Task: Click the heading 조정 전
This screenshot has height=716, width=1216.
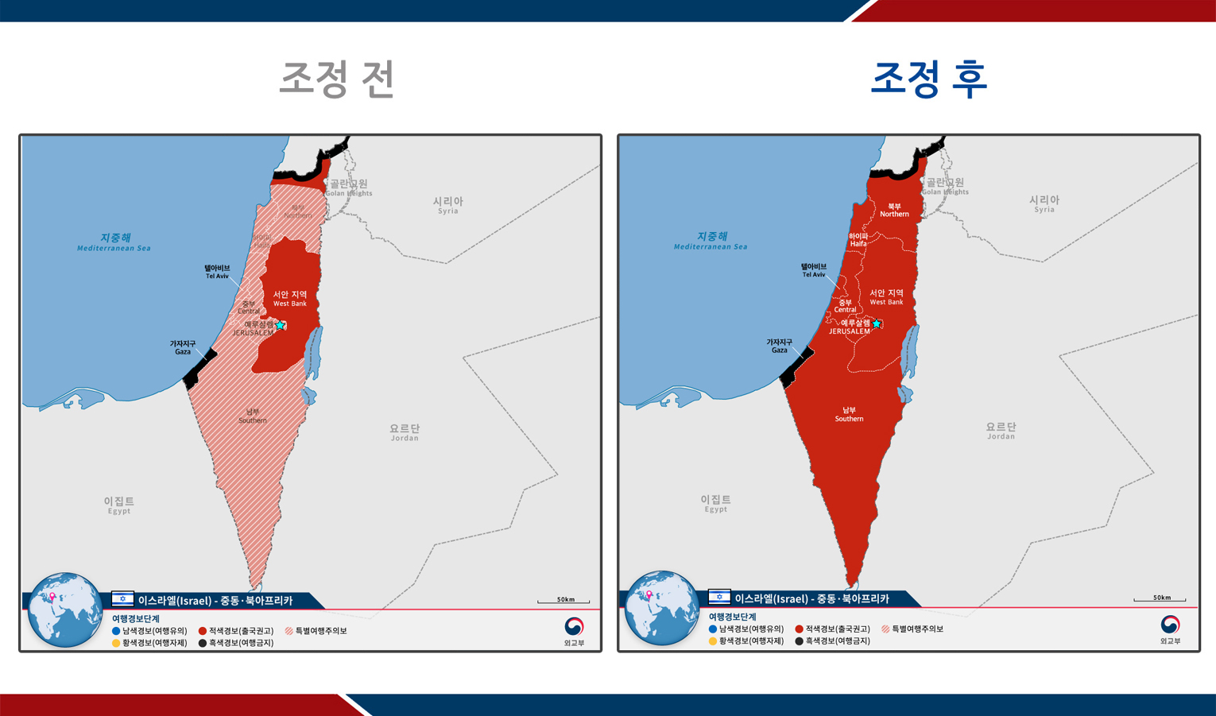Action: tap(337, 79)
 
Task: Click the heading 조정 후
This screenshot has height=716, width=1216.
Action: tap(928, 79)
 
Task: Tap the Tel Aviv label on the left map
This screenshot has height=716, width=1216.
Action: tap(217, 272)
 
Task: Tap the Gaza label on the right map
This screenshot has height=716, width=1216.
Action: tap(779, 346)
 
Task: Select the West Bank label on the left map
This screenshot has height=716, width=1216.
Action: tap(290, 298)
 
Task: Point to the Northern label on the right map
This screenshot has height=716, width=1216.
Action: tap(894, 210)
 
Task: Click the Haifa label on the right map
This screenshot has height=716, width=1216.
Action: tap(858, 240)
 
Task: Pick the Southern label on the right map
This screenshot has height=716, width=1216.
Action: tap(849, 415)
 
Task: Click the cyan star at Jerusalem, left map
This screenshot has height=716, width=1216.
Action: tap(280, 325)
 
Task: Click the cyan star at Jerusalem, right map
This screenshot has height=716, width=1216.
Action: tap(877, 323)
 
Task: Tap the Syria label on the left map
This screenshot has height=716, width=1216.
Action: tap(447, 205)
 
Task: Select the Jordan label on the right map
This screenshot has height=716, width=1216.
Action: tap(1001, 431)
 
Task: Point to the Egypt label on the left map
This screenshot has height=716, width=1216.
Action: tap(119, 505)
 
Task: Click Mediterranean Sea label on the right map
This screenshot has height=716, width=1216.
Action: tap(711, 241)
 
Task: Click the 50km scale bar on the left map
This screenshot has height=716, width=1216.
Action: tap(563, 601)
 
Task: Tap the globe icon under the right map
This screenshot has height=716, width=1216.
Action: tap(661, 609)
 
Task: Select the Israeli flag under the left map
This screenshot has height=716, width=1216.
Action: tap(122, 599)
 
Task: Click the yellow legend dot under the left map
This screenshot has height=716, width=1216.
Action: tap(116, 643)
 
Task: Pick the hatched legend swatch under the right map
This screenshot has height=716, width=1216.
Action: tap(885, 629)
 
